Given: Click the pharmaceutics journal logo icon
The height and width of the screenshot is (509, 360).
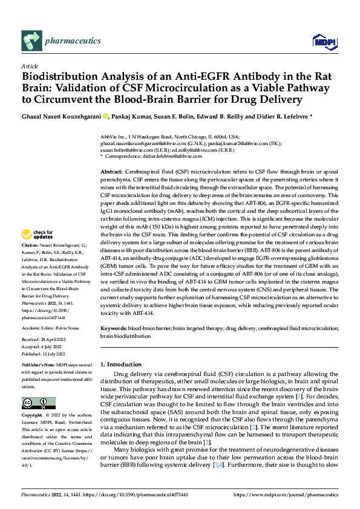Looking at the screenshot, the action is pyautogui.click(x=31, y=41).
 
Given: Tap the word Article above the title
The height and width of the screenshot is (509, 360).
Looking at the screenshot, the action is pyautogui.click(x=30, y=66).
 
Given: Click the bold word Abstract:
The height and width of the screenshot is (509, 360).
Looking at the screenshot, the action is pyautogui.click(x=113, y=173).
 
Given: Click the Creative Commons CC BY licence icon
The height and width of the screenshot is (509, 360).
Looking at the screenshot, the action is pyautogui.click(x=39, y=402).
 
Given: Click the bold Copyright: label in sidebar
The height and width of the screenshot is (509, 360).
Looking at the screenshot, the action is pyautogui.click(x=33, y=416).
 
